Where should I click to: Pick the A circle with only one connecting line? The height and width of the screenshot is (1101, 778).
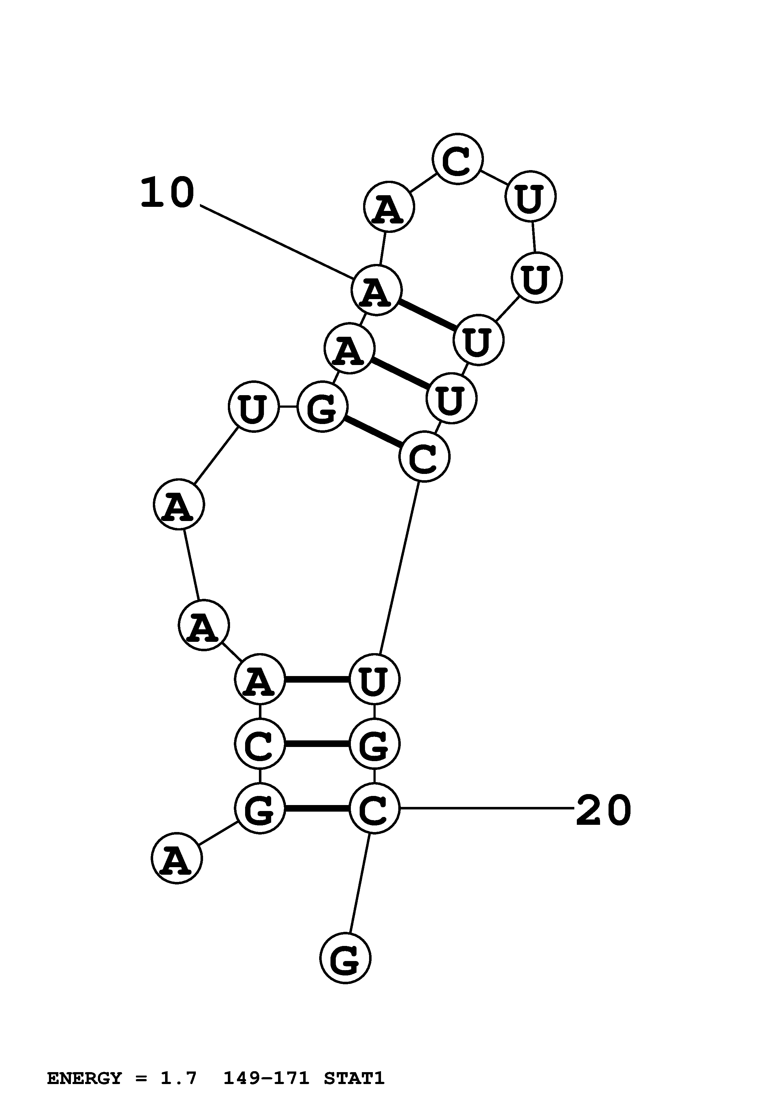(x=177, y=858)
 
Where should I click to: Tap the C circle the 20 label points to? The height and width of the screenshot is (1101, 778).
(x=374, y=809)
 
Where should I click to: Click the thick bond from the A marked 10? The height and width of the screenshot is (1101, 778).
(x=427, y=314)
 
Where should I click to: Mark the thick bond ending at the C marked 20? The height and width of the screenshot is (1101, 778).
(x=317, y=809)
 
